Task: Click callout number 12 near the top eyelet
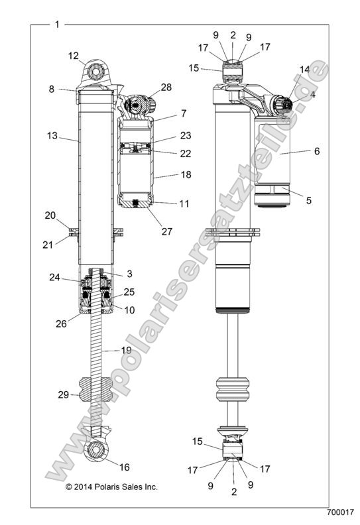tap(73, 56)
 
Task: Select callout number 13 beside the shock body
tap(52, 136)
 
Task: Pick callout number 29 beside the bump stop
tap(64, 394)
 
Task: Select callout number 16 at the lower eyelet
tap(124, 467)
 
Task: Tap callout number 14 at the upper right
tap(304, 69)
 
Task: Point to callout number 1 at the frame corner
tap(57, 25)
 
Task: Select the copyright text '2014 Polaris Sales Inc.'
tap(111, 487)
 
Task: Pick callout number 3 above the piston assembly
tap(131, 274)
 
